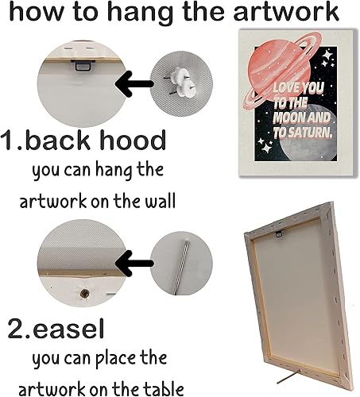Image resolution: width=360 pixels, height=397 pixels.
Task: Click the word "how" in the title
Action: [30, 13]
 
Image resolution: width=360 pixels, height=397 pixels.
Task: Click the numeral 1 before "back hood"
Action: [11, 141]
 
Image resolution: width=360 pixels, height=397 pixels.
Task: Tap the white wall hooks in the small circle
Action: [180, 78]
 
